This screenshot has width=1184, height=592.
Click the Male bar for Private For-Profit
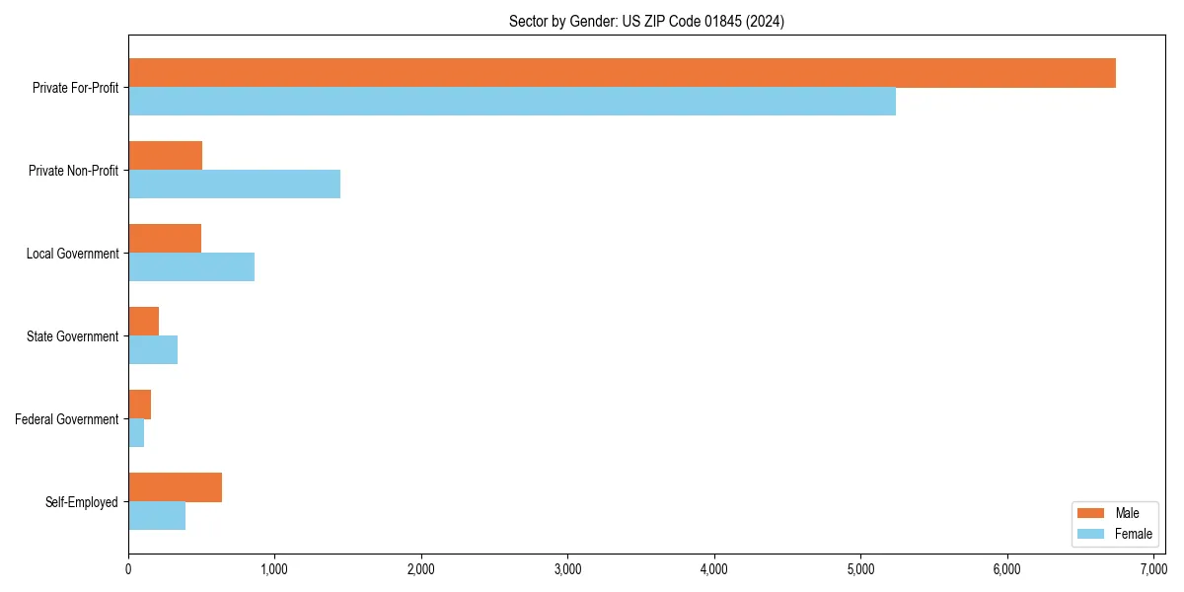click(622, 73)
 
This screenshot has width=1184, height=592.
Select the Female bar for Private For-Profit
click(512, 102)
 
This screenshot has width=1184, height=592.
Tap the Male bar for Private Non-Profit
click(166, 156)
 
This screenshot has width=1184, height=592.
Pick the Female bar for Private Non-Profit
click(235, 185)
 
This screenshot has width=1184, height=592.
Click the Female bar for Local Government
click(191, 267)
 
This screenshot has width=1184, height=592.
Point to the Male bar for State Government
click(144, 322)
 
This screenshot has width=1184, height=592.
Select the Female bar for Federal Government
click(136, 433)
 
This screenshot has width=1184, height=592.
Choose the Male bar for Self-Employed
click(176, 487)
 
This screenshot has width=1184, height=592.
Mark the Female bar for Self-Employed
click(157, 516)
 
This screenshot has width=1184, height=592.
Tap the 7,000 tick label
click(1153, 569)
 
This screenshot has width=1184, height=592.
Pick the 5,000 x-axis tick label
click(860, 569)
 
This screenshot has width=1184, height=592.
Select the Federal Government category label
click(67, 419)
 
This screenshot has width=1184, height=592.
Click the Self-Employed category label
click(82, 502)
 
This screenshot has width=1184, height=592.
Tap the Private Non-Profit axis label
click(73, 171)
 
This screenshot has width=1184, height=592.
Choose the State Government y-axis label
click(73, 336)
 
